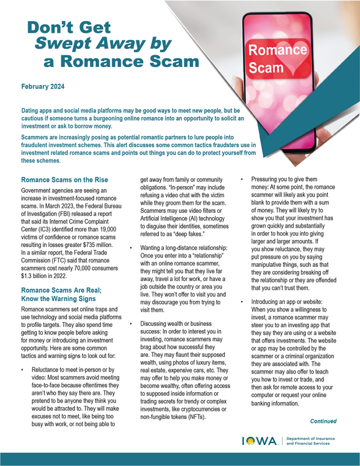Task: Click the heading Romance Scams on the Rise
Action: tap(66, 181)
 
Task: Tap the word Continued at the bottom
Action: tap(323, 421)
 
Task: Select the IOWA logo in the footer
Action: tap(260, 441)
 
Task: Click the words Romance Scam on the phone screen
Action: tap(269, 58)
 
